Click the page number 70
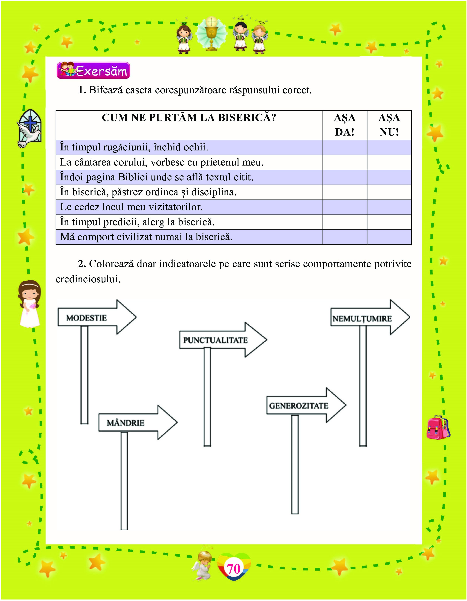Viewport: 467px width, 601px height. (x=234, y=569)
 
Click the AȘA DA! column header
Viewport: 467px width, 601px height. (x=345, y=125)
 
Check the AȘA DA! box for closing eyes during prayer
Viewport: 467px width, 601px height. (x=345, y=147)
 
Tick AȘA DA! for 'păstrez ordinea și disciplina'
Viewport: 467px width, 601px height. (x=345, y=192)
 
